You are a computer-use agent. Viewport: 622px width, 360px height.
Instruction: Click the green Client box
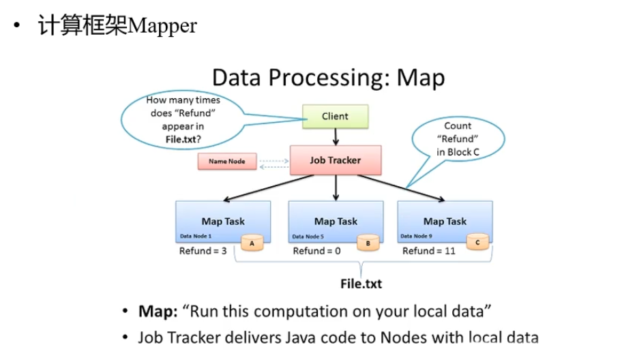335,117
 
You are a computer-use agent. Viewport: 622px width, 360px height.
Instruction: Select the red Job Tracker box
335,161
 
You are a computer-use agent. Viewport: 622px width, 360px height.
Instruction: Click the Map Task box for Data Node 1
223,221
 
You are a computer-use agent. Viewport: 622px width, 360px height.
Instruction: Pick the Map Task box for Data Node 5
336,221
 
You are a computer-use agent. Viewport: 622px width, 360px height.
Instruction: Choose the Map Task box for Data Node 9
445,221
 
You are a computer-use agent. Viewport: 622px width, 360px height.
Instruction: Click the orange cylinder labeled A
253,242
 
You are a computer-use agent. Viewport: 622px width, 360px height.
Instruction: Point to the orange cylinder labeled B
368,242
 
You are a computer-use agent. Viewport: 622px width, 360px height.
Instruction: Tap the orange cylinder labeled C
477,242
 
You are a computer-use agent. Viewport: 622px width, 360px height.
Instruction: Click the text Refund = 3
203,251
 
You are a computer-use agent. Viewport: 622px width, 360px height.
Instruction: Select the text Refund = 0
316,251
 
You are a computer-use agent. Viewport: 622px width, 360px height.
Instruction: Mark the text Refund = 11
428,251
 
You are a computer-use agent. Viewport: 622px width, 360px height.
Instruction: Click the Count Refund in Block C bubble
458,139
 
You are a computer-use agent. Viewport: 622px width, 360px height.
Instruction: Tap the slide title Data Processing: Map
329,77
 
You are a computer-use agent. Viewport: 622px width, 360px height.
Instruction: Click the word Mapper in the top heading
162,26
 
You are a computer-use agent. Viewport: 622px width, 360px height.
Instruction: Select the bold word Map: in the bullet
158,312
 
